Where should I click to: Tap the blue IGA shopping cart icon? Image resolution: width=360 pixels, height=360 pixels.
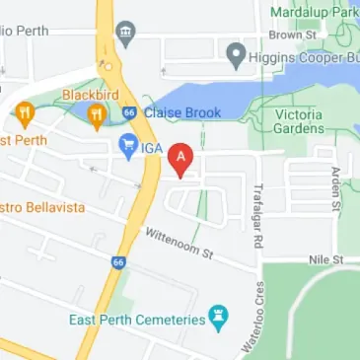127,148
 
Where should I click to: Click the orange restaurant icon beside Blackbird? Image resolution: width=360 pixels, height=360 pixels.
96,117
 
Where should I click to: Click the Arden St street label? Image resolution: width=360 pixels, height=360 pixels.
336,189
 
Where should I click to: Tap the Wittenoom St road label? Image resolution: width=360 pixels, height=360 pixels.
179,243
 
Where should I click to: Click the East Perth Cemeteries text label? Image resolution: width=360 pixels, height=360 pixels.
136,321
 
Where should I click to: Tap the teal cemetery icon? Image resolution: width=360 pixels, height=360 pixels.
221,318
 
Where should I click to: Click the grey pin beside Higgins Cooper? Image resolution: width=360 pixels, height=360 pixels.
236,56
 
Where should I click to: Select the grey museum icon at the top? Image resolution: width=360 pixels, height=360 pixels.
125,36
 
